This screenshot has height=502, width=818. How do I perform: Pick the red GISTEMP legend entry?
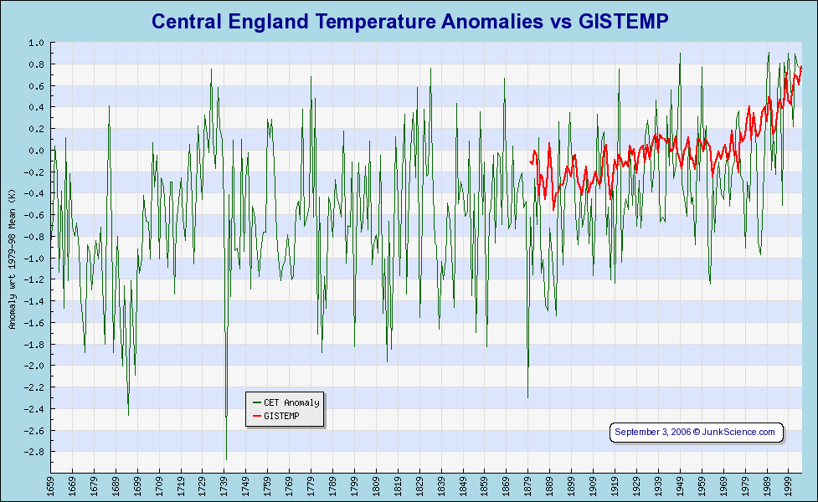tap(280, 416)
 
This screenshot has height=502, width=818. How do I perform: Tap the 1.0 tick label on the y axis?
tap(37, 43)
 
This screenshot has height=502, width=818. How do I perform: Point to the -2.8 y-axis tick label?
tap(35, 453)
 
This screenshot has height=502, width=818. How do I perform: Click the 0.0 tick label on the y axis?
tap(37, 151)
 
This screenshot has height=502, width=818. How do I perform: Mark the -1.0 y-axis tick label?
tap(35, 259)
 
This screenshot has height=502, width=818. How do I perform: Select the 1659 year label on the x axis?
tap(51, 485)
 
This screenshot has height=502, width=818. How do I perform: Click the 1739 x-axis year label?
tap(224, 485)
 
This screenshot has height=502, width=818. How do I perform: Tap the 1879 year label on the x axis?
tap(528, 485)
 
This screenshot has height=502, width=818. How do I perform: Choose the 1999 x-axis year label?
tap(788, 485)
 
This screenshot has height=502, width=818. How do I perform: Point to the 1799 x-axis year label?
tap(354, 485)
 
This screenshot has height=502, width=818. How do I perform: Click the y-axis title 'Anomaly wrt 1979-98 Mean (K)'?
tap(13, 259)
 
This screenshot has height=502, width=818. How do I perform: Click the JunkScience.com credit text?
tap(738, 432)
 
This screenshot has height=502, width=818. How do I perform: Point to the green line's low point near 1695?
tap(128, 415)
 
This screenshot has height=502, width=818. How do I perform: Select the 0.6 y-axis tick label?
tap(37, 86)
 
